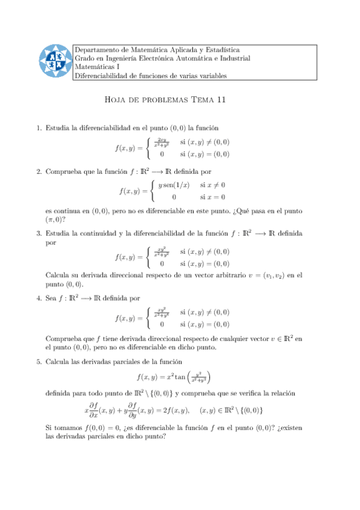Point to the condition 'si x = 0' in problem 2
(x=213, y=197)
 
